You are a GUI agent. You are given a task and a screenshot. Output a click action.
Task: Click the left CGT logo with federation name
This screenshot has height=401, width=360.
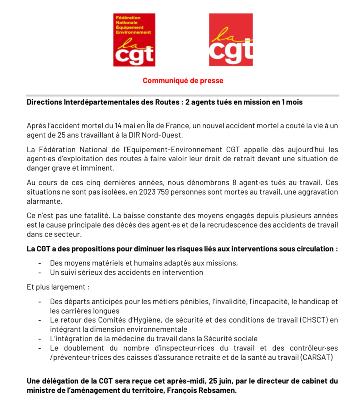pos(134,40)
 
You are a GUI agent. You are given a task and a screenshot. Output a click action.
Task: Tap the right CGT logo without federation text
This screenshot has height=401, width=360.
pos(231,40)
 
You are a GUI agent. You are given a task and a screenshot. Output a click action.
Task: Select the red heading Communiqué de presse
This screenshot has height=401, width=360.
pos(183,81)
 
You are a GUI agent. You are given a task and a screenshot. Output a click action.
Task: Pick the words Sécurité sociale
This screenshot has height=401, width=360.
pos(231,339)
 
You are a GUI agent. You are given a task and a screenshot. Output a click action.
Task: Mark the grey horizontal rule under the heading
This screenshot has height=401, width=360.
pos(182,95)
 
